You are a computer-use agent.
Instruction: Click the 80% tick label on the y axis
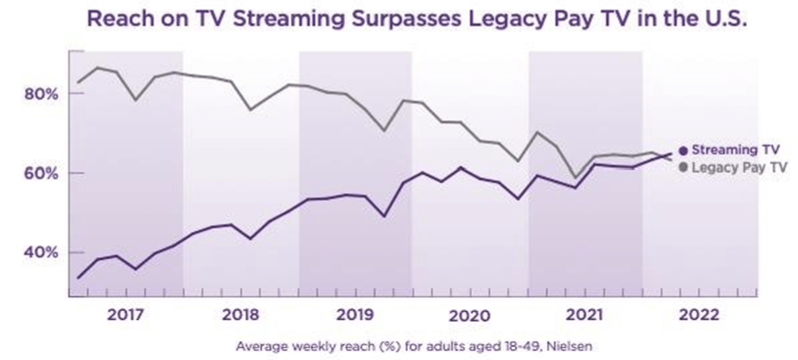click(40, 93)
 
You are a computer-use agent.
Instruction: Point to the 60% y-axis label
click(40, 173)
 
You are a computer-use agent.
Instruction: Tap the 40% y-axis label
click(40, 252)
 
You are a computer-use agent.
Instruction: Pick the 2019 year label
click(354, 314)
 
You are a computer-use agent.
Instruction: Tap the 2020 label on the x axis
click(469, 314)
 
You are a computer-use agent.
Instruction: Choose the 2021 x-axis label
click(584, 314)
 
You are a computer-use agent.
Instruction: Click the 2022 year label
click(699, 314)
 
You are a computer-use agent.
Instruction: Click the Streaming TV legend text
click(733, 150)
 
